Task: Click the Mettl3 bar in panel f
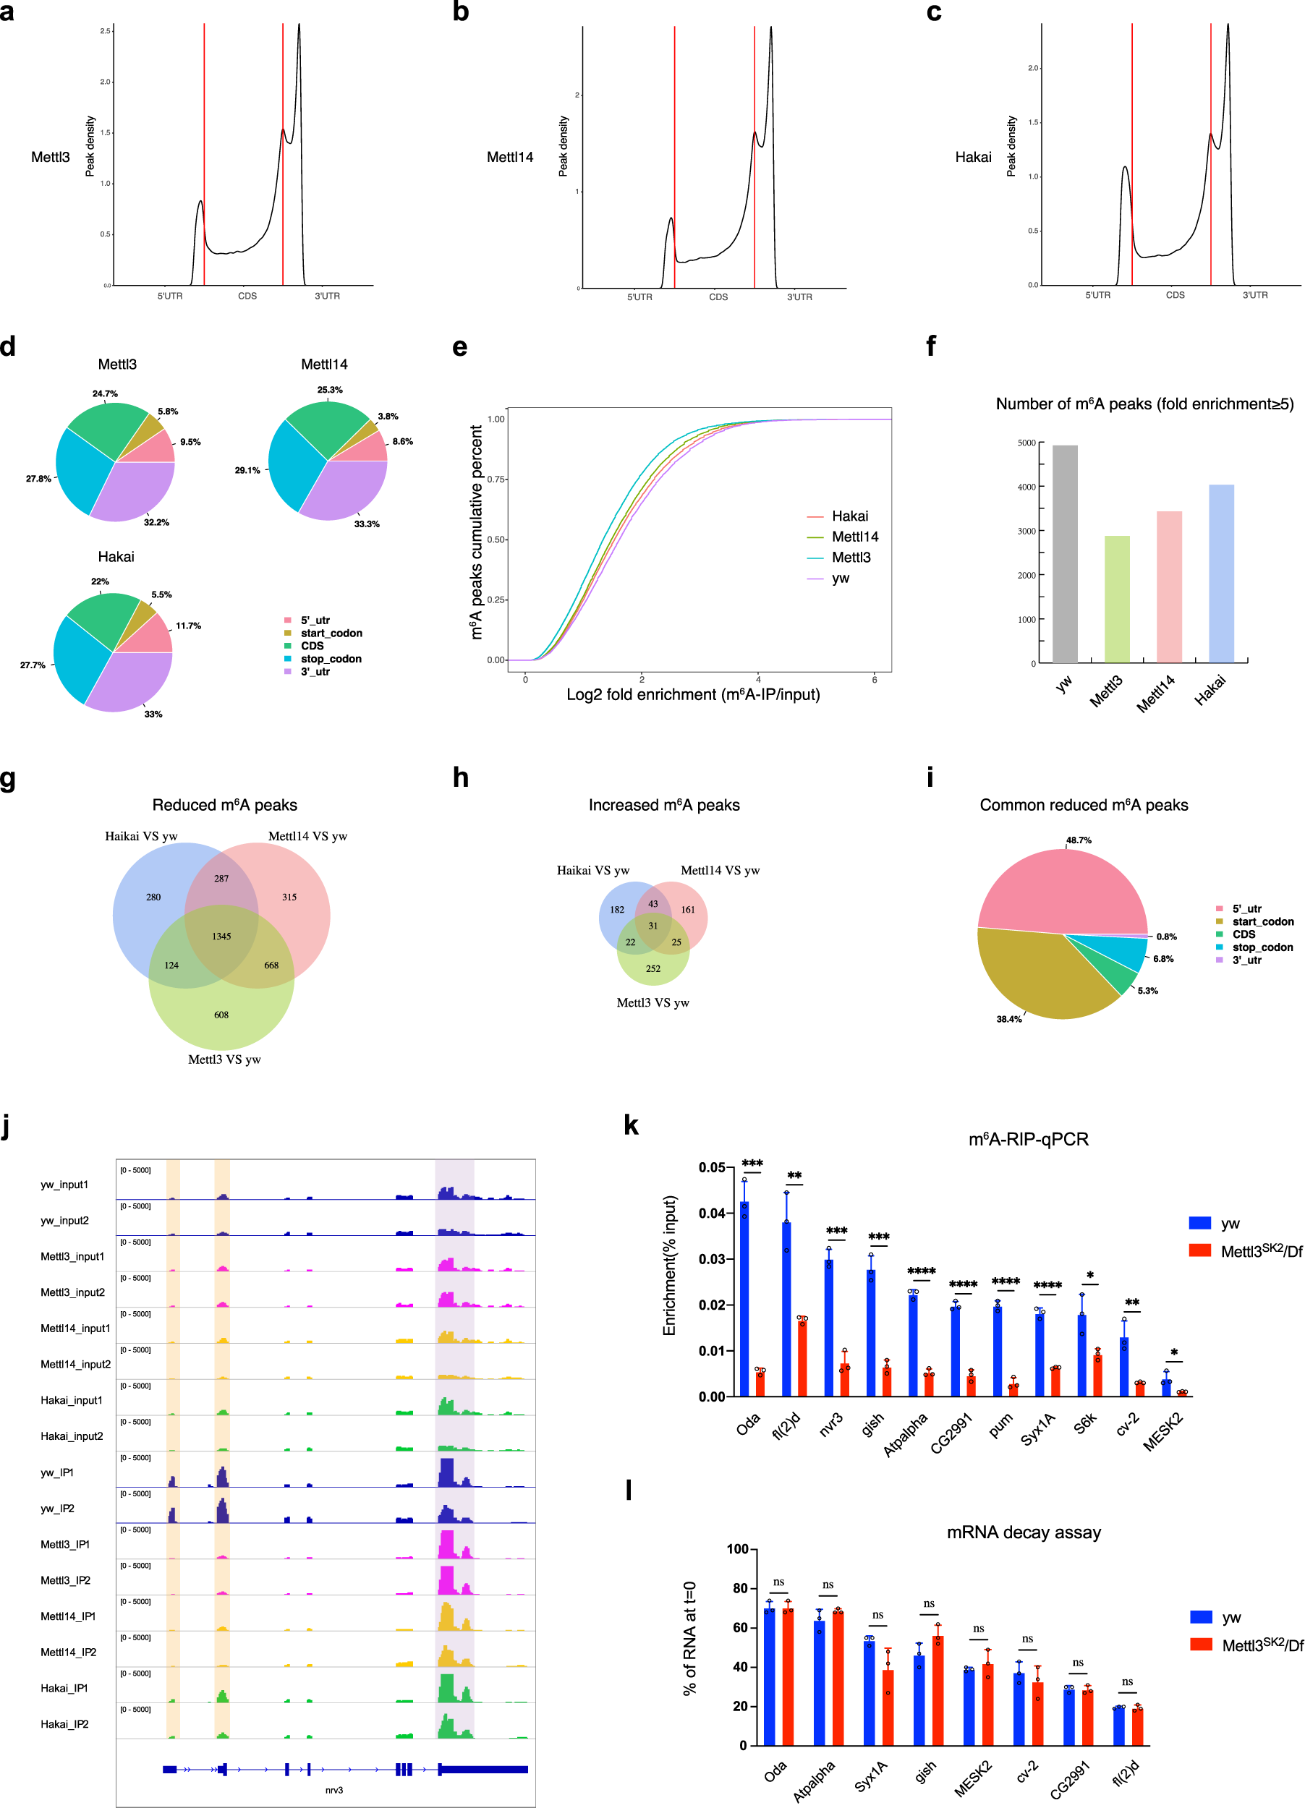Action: [x=1117, y=599]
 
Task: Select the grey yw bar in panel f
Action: [x=1065, y=554]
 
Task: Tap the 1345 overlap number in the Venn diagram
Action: [x=221, y=937]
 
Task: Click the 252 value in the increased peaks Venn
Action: [x=653, y=968]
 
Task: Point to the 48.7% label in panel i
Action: [x=1079, y=840]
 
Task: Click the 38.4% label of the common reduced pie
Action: [x=1008, y=1019]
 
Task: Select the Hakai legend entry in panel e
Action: [x=849, y=516]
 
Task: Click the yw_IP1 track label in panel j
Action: [x=57, y=1472]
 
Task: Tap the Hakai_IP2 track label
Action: [x=64, y=1724]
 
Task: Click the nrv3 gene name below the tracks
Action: [x=334, y=1790]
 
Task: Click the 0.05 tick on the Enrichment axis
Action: [x=711, y=1168]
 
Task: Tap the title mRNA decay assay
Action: [x=1023, y=1532]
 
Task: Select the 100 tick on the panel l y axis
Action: [x=737, y=1549]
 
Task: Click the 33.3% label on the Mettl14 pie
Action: [x=367, y=524]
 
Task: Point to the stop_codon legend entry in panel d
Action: [x=331, y=658]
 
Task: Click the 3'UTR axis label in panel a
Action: [x=327, y=296]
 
